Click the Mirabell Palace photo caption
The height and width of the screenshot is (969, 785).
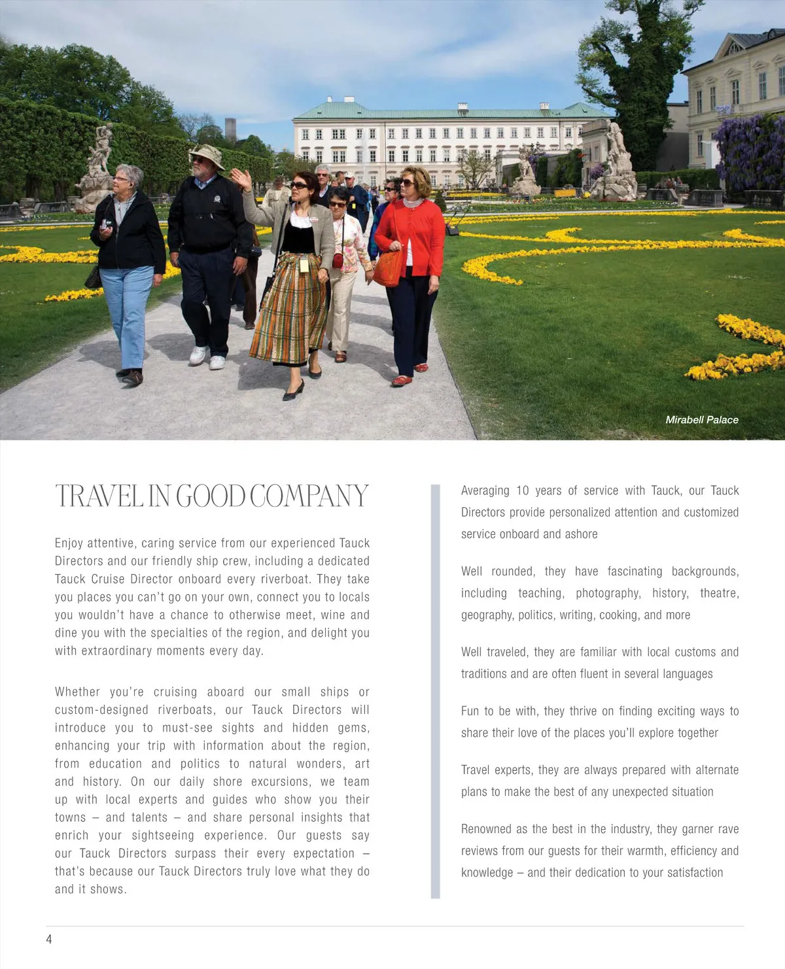coord(701,420)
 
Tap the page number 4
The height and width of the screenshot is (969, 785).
coord(49,939)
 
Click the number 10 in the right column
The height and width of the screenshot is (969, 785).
coord(522,490)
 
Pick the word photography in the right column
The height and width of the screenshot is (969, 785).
coord(607,593)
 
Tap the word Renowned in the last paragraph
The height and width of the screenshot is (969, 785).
coord(486,829)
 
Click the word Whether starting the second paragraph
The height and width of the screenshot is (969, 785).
coord(77,692)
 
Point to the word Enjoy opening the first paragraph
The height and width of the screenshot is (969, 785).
coord(68,543)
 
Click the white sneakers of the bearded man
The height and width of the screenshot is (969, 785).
coord(207,358)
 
